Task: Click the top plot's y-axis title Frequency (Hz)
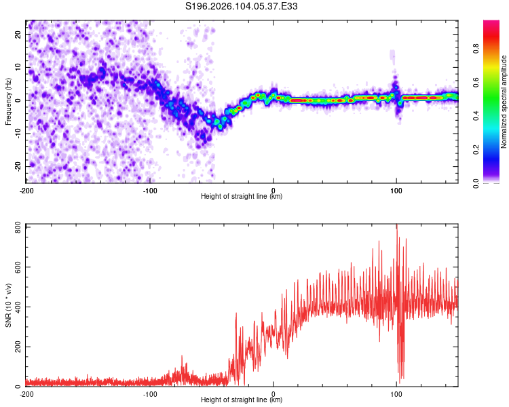coord(8,100)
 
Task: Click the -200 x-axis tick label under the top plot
coord(26,190)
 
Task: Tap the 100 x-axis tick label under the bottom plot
coord(396,393)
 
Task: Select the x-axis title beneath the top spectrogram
coord(242,197)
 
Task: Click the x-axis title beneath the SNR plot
coord(242,400)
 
